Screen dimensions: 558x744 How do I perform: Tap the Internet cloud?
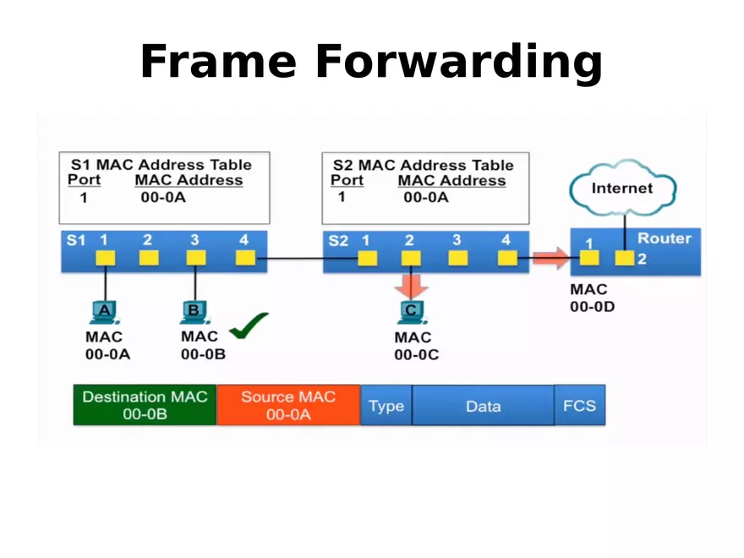pyautogui.click(x=621, y=189)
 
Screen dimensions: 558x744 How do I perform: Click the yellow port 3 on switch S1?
pyautogui.click(x=195, y=258)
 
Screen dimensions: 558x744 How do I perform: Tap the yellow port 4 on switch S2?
pyautogui.click(x=507, y=258)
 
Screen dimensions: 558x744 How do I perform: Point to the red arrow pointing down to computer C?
pyautogui.click(x=411, y=285)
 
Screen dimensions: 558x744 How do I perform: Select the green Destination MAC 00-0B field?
pyautogui.click(x=145, y=405)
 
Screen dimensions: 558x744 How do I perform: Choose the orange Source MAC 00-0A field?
pyautogui.click(x=288, y=405)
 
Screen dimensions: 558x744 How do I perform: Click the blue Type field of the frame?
pyautogui.click(x=386, y=406)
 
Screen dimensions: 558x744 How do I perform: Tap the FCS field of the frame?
pyautogui.click(x=579, y=405)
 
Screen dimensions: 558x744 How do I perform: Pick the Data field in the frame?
pyautogui.click(x=483, y=406)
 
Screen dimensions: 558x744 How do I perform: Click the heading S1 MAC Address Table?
pyautogui.click(x=161, y=164)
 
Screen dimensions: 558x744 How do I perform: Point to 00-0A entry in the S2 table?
pyautogui.click(x=425, y=198)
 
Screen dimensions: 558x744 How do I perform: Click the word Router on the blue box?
pyautogui.click(x=664, y=238)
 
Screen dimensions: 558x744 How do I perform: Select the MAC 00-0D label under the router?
pyautogui.click(x=592, y=298)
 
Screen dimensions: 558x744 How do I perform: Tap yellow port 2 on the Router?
pyautogui.click(x=624, y=258)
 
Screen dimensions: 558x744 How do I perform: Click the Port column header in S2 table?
pyautogui.click(x=347, y=180)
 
